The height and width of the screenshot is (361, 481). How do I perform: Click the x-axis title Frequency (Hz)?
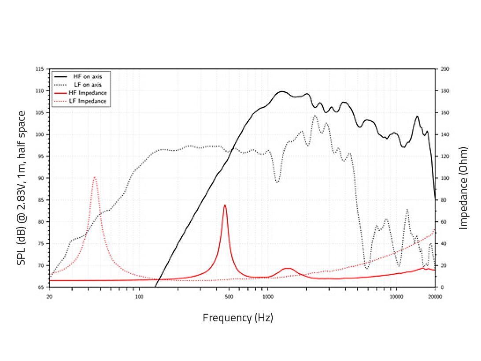point(238,317)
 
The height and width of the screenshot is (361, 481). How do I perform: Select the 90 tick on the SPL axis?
point(41,178)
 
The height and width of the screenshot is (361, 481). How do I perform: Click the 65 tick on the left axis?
point(41,287)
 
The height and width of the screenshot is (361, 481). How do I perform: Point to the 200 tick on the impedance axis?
point(444,69)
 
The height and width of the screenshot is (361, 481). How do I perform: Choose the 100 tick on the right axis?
point(444,178)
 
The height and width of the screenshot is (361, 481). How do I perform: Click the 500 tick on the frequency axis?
point(228,297)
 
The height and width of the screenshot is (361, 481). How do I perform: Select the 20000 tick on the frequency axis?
point(435,297)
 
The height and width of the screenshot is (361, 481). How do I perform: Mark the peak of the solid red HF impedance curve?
point(225,205)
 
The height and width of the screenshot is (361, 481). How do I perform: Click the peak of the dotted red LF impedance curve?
point(94,177)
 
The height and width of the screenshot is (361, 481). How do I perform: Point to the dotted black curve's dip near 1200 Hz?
point(277,182)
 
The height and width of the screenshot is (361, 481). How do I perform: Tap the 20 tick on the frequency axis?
point(49,297)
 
